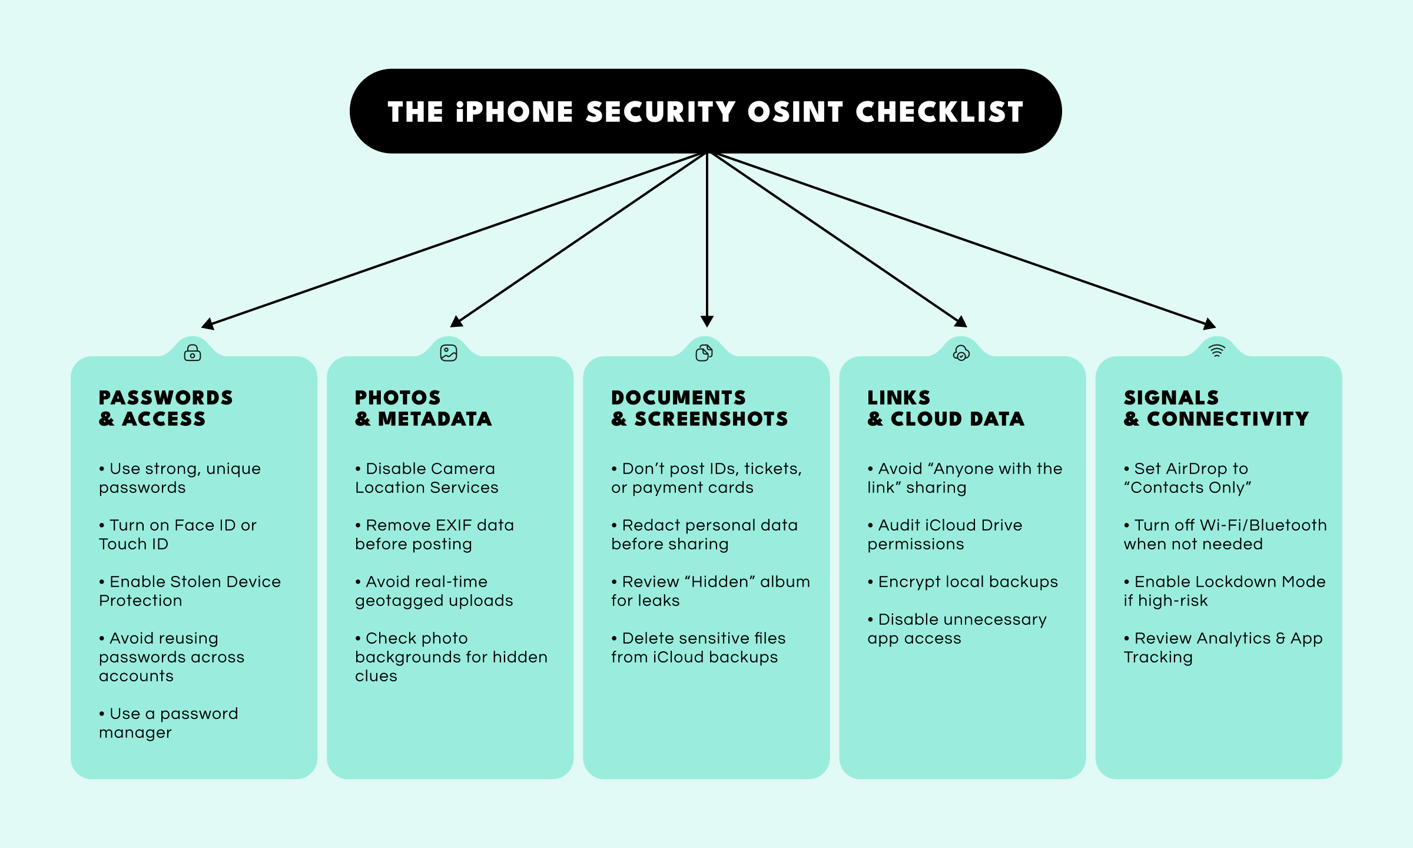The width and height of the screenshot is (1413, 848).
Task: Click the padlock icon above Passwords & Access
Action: (x=193, y=353)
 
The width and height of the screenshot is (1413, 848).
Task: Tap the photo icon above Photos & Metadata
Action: (x=449, y=353)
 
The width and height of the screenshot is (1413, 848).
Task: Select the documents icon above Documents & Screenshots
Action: (x=704, y=353)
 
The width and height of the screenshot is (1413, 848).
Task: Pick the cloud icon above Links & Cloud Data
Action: (x=961, y=353)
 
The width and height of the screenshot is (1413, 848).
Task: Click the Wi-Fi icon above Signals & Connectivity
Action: (x=1216, y=351)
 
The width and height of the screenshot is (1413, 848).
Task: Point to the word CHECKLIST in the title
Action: (x=939, y=112)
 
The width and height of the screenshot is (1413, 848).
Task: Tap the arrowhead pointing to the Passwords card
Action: (x=207, y=324)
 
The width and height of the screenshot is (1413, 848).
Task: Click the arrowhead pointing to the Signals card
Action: (x=1209, y=324)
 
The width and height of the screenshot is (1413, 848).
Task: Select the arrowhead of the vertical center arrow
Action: (x=707, y=321)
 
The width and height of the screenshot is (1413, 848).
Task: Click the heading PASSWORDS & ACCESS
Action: (x=165, y=408)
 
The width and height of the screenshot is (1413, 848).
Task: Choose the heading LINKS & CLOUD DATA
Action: (x=946, y=408)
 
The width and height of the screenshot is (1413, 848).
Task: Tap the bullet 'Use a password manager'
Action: (x=168, y=723)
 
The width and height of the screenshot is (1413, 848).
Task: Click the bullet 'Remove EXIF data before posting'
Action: (x=434, y=534)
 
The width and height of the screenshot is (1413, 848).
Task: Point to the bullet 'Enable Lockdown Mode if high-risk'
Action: (x=1225, y=591)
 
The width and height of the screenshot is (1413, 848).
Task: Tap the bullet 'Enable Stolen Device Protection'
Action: (x=190, y=591)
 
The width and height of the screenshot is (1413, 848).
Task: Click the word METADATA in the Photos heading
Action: (x=434, y=419)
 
